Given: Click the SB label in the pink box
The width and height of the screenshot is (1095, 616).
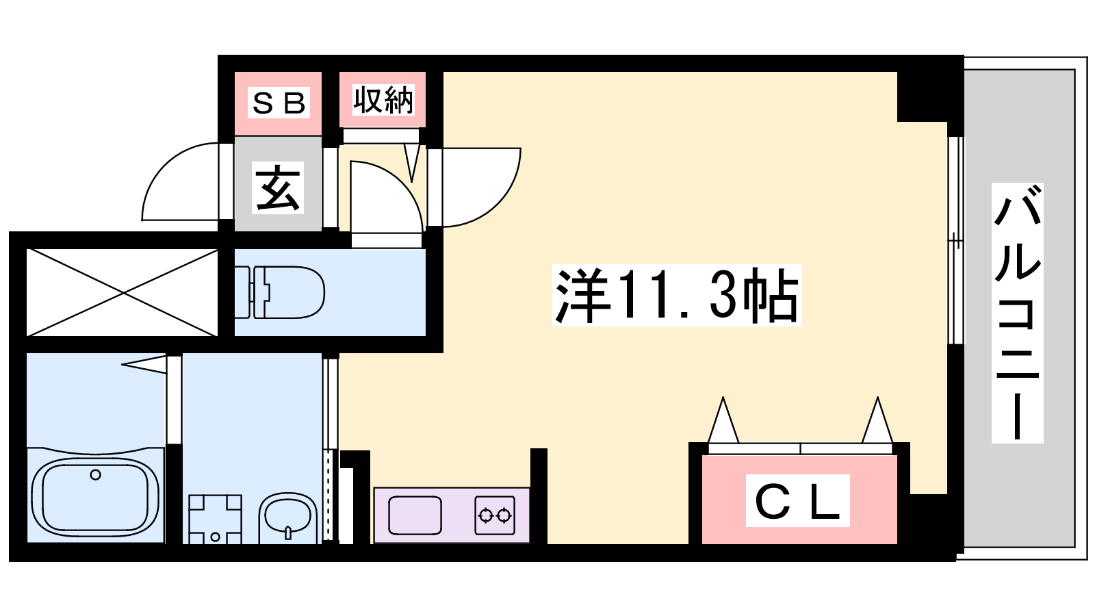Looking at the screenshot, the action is tap(279, 103).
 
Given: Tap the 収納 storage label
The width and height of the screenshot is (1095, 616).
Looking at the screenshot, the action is tap(383, 100).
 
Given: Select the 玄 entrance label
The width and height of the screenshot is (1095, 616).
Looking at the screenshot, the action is tap(278, 188).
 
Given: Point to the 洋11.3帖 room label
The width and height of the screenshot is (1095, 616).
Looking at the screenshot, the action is tap(677, 295).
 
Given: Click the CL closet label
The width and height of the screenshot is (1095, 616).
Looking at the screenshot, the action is tap(798, 500).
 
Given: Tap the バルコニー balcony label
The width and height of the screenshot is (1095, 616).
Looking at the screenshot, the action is tap(1017, 313).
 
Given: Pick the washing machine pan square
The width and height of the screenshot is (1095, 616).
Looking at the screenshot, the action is tap(215, 519).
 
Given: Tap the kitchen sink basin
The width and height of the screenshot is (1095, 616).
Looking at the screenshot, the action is tap(415, 515).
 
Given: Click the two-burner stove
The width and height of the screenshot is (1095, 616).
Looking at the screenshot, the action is tap(495, 515).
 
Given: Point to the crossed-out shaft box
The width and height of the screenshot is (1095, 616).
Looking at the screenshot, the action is tap(122, 292).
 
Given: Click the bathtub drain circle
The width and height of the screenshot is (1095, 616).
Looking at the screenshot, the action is tap(96, 474).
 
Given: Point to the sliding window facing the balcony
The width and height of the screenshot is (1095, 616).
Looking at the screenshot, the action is tap(955, 240).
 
